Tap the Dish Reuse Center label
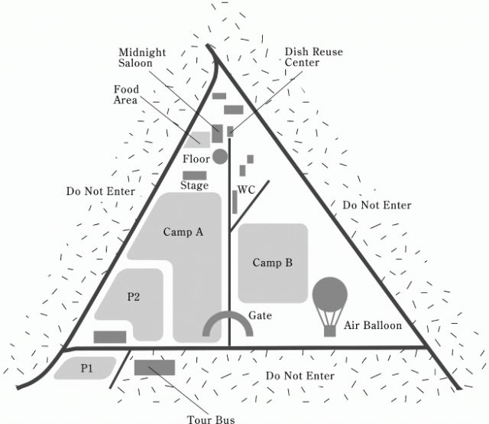tap(313, 57)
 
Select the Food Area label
tap(121, 95)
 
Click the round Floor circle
tap(220, 157)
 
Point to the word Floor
tap(196, 158)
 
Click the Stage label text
tap(194, 185)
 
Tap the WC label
tap(246, 189)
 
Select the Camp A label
tap(183, 232)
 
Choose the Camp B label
tap(273, 263)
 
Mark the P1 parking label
tap(86, 368)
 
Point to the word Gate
tap(260, 315)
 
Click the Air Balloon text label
tap(373, 325)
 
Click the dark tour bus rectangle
tap(154, 367)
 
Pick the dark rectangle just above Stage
tap(195, 175)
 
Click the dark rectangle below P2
tap(109, 337)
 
